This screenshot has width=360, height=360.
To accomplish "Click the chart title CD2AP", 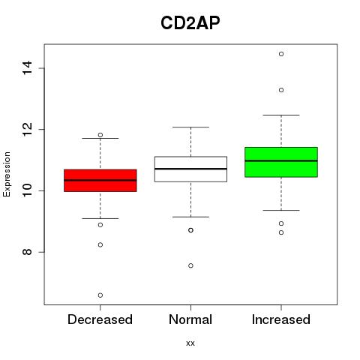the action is click(x=190, y=22).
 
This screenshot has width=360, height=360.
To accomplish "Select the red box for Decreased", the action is click(x=100, y=181).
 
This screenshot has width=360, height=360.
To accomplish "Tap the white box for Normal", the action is click(x=190, y=169).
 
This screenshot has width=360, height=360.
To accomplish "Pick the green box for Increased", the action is click(x=281, y=162).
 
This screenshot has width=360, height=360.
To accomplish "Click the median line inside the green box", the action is click(x=281, y=160).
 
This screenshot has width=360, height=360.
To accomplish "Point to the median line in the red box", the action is click(x=100, y=180).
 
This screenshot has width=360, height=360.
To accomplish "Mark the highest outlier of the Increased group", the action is click(x=281, y=54).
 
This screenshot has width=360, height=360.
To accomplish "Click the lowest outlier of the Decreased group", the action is click(x=100, y=295).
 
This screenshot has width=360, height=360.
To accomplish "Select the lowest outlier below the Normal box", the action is click(x=190, y=265).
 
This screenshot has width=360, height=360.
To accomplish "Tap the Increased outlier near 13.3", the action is click(x=281, y=90).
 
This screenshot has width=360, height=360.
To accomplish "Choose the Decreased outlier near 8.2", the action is click(x=100, y=244).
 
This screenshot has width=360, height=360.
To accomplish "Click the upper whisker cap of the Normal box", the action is click(x=190, y=127).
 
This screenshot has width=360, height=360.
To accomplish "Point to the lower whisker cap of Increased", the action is click(x=281, y=210).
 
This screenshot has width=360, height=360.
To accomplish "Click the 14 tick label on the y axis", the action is click(x=27, y=67).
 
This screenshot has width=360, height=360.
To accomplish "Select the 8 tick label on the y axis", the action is click(x=27, y=252).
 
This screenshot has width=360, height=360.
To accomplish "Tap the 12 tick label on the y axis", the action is click(x=27, y=129).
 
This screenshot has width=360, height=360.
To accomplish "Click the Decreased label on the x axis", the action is click(x=100, y=319).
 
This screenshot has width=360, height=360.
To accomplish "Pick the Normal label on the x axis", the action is click(x=190, y=319).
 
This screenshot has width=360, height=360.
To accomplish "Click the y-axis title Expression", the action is click(x=7, y=174).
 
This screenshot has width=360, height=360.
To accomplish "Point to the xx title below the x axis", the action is click(x=190, y=343).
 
